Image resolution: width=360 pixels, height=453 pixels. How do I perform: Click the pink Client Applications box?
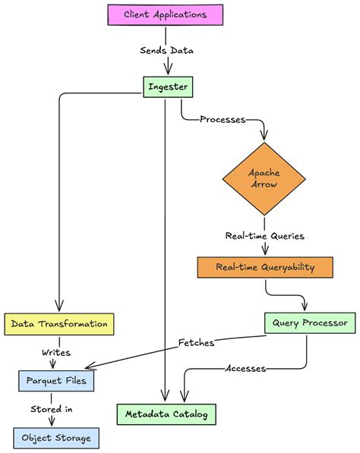[165, 14]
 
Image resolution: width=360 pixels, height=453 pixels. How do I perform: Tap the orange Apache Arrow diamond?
[264, 178]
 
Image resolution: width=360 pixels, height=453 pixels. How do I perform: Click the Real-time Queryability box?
[265, 267]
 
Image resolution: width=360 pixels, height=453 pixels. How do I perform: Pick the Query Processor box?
[308, 323]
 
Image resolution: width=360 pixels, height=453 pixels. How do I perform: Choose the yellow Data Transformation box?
[58, 324]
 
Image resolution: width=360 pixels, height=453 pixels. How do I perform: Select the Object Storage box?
[56, 438]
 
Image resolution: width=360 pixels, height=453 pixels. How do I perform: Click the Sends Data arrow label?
[165, 51]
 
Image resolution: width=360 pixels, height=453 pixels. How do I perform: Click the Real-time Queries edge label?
[264, 235]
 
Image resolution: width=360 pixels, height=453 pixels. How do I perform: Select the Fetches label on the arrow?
[195, 343]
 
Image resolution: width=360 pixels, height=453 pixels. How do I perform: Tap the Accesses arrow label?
[245, 369]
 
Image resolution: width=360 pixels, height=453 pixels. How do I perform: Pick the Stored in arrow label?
[52, 410]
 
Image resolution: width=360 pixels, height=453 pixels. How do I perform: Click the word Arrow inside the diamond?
[264, 185]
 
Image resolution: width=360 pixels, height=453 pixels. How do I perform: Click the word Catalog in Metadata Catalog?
[191, 414]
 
